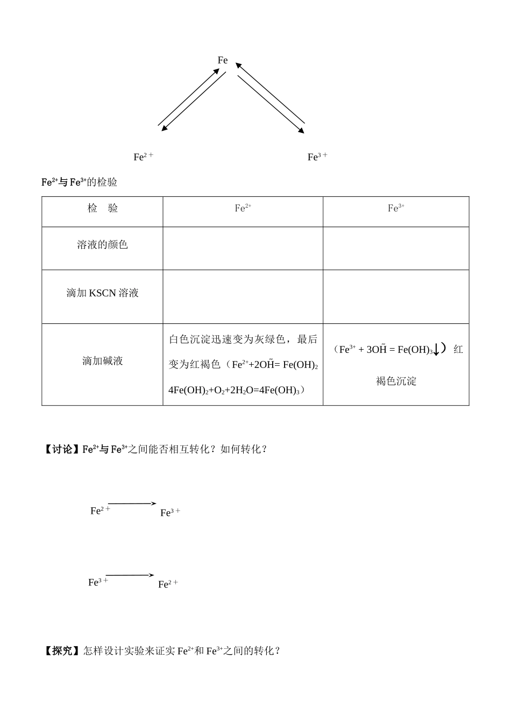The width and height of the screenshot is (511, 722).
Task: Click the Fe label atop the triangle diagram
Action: (x=223, y=60)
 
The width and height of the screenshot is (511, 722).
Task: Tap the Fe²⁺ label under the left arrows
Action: (x=143, y=157)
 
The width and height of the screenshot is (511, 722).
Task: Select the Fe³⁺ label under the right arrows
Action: (x=317, y=157)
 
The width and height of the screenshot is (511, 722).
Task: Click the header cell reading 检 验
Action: (x=102, y=209)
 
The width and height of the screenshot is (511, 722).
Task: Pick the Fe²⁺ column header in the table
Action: (x=243, y=208)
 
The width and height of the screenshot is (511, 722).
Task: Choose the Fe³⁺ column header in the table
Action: (x=396, y=208)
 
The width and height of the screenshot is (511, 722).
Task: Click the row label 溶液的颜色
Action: (x=102, y=245)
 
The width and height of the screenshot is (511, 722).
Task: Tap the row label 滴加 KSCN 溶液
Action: (x=102, y=293)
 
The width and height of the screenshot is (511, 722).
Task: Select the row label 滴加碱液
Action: (x=102, y=361)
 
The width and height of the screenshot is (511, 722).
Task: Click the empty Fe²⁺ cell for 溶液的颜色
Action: (x=243, y=248)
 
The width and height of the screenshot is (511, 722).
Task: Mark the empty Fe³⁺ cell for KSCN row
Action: (x=396, y=296)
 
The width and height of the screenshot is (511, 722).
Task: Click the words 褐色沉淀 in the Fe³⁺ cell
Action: (x=396, y=381)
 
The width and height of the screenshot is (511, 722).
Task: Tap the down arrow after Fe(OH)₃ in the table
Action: (x=436, y=350)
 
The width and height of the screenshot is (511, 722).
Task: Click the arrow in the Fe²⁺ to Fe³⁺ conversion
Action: (x=132, y=504)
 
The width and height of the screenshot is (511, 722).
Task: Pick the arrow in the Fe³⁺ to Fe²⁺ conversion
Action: (x=130, y=575)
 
